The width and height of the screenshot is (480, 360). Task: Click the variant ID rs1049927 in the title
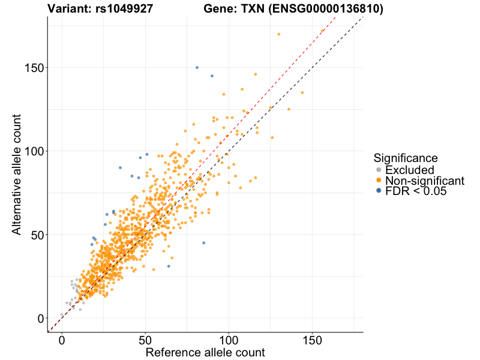click(124, 9)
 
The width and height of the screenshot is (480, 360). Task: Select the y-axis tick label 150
click(34, 67)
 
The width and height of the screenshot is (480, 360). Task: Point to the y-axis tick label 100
click(34, 151)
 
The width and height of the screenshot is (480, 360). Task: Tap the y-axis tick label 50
click(37, 235)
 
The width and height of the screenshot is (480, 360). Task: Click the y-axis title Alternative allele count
click(17, 174)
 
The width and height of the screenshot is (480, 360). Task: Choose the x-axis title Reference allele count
click(205, 352)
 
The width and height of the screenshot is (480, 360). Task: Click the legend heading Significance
click(406, 158)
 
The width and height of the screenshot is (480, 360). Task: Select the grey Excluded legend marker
click(378, 170)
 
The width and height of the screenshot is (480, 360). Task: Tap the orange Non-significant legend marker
click(378, 181)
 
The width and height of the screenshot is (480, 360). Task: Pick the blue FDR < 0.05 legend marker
click(378, 191)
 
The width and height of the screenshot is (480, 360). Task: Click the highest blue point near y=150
click(197, 67)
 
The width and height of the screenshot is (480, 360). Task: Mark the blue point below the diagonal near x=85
click(203, 243)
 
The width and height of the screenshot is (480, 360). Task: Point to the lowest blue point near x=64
click(169, 266)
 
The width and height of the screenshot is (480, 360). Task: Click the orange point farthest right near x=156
click(322, 31)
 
